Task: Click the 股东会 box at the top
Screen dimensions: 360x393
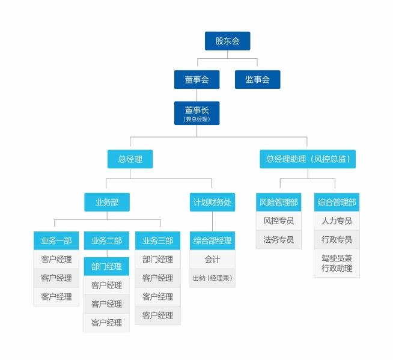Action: coord(227,41)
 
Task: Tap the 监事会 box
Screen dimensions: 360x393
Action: coord(257,79)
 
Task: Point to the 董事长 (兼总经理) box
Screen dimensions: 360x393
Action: coord(196,113)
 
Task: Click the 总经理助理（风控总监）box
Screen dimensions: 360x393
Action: coord(308,159)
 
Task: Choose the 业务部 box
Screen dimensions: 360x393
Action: coord(107,202)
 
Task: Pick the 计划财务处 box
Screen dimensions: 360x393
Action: coord(212,202)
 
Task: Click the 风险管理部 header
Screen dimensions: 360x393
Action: coord(278,202)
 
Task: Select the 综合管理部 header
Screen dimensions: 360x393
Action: coord(336,202)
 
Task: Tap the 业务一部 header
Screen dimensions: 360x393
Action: coord(56,241)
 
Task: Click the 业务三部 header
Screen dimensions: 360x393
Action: coord(157,241)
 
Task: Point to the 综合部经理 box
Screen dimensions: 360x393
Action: coord(212,241)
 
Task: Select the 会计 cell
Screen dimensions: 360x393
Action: coord(212,260)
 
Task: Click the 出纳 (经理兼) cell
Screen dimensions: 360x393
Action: coord(212,278)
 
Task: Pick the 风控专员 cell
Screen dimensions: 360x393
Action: coord(278,221)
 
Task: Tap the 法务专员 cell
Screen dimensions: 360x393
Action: coord(278,239)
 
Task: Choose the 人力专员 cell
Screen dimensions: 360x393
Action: coord(336,221)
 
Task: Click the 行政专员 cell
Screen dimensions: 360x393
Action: coord(336,239)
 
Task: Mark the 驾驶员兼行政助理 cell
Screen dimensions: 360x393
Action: coord(336,263)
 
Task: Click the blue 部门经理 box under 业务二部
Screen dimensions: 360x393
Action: coord(106,266)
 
